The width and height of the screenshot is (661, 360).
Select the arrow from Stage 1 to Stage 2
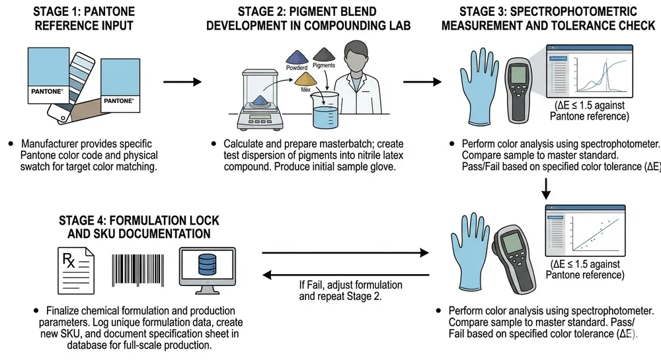(x=181, y=83)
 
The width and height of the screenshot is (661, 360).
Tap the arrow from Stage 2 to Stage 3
(x=423, y=83)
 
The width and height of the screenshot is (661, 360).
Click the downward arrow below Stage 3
(x=547, y=188)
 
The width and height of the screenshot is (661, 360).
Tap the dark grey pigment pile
(x=323, y=52)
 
